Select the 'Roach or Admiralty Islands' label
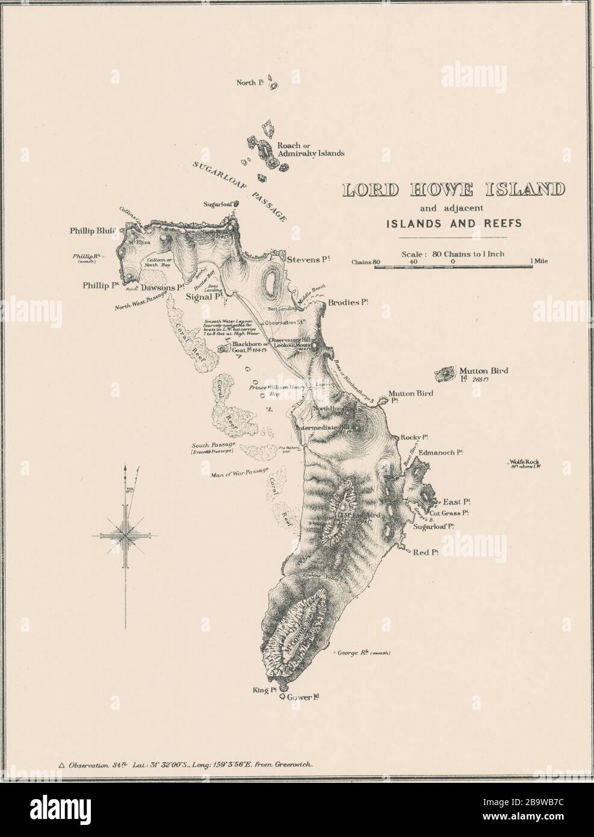click(311, 149)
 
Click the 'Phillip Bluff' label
click(97, 229)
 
